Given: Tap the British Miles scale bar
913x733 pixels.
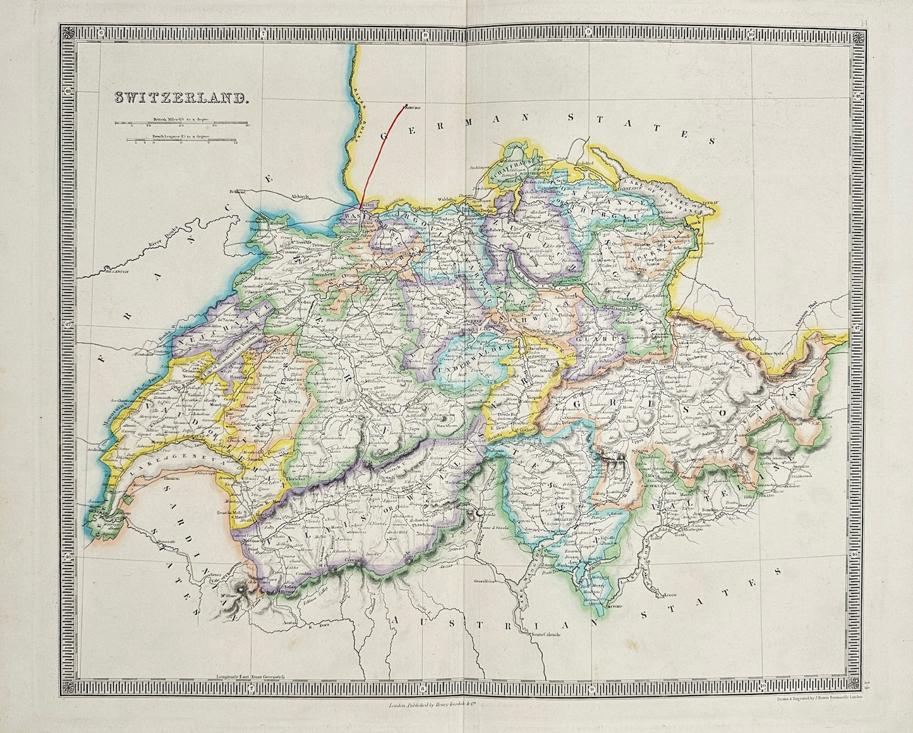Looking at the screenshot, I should point(182,124).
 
